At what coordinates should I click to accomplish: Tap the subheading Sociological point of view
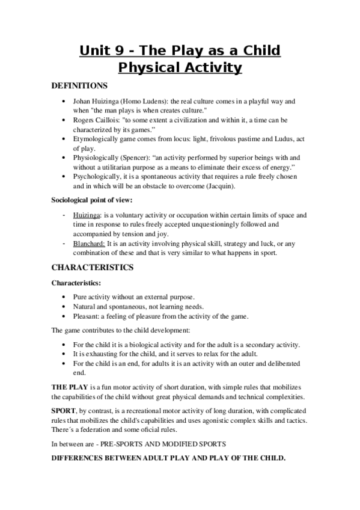click(91, 200)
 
